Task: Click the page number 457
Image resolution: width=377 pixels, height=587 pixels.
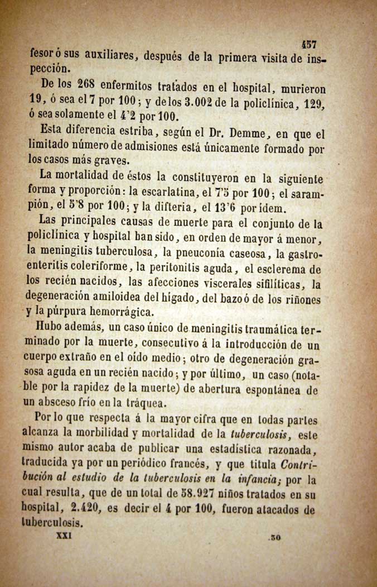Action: (309, 45)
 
